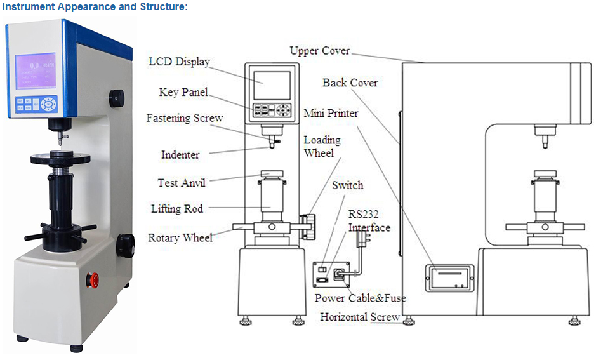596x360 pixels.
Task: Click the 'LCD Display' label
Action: pos(179,62)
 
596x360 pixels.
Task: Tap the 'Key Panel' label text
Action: pos(183,93)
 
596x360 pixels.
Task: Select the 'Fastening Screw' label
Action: pos(185,118)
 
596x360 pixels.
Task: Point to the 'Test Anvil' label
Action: pos(182,183)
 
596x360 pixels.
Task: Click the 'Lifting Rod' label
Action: pos(176,208)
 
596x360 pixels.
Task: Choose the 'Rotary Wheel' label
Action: pos(180,238)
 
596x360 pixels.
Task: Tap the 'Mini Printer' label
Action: pos(331,114)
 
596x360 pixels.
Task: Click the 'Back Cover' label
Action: pos(350,83)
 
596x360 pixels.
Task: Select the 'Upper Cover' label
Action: pos(319,51)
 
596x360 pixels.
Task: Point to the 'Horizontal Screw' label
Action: pos(360,317)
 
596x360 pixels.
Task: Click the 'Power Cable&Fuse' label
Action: pos(360,298)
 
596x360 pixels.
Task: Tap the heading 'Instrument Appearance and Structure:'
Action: pos(95,7)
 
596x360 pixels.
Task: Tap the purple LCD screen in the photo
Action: pos(36,70)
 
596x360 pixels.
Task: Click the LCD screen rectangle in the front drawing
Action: pos(272,85)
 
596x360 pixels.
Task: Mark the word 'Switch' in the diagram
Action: pos(348,185)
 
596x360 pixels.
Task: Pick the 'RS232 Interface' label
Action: pos(369,220)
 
